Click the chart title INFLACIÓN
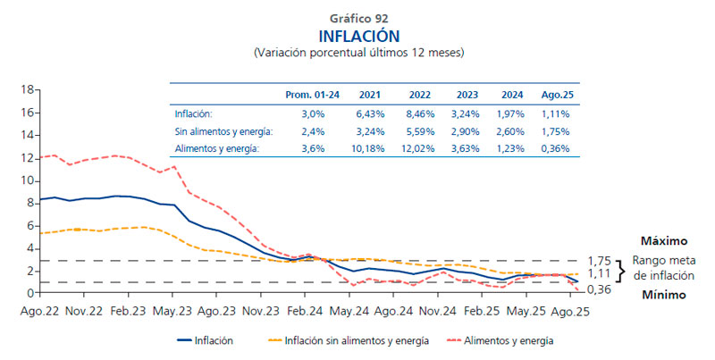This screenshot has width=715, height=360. [358, 35]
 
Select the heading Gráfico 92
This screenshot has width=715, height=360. [358, 17]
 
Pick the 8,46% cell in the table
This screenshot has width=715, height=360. [419, 113]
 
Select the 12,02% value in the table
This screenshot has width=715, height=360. [419, 147]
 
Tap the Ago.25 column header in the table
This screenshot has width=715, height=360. [555, 95]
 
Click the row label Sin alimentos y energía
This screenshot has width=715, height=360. [223, 130]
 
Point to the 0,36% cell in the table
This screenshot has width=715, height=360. [555, 147]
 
